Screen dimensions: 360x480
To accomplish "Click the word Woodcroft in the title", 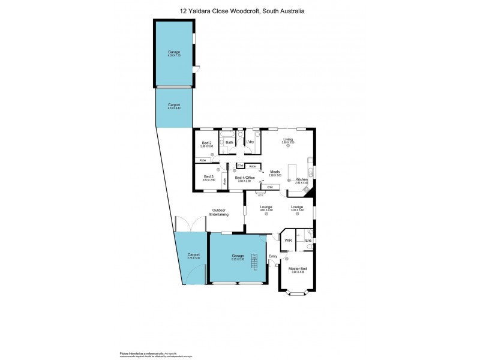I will click(x=241, y=10).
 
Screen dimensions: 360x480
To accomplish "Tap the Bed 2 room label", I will click(x=206, y=143).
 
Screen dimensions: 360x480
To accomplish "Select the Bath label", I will click(x=229, y=142).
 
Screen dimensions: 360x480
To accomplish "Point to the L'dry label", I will click(x=251, y=142).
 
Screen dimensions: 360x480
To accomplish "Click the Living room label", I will click(x=288, y=139).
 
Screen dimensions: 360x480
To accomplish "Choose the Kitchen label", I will click(x=301, y=179).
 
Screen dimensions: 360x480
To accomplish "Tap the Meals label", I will click(x=275, y=172).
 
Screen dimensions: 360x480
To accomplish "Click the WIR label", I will click(x=288, y=241).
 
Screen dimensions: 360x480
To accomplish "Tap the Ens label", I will click(x=308, y=241).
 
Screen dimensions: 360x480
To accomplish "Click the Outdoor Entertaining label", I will click(x=218, y=212).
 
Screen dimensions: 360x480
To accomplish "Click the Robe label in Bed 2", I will click(x=203, y=160).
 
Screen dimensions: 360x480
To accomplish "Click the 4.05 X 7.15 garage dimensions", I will click(x=174, y=56).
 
